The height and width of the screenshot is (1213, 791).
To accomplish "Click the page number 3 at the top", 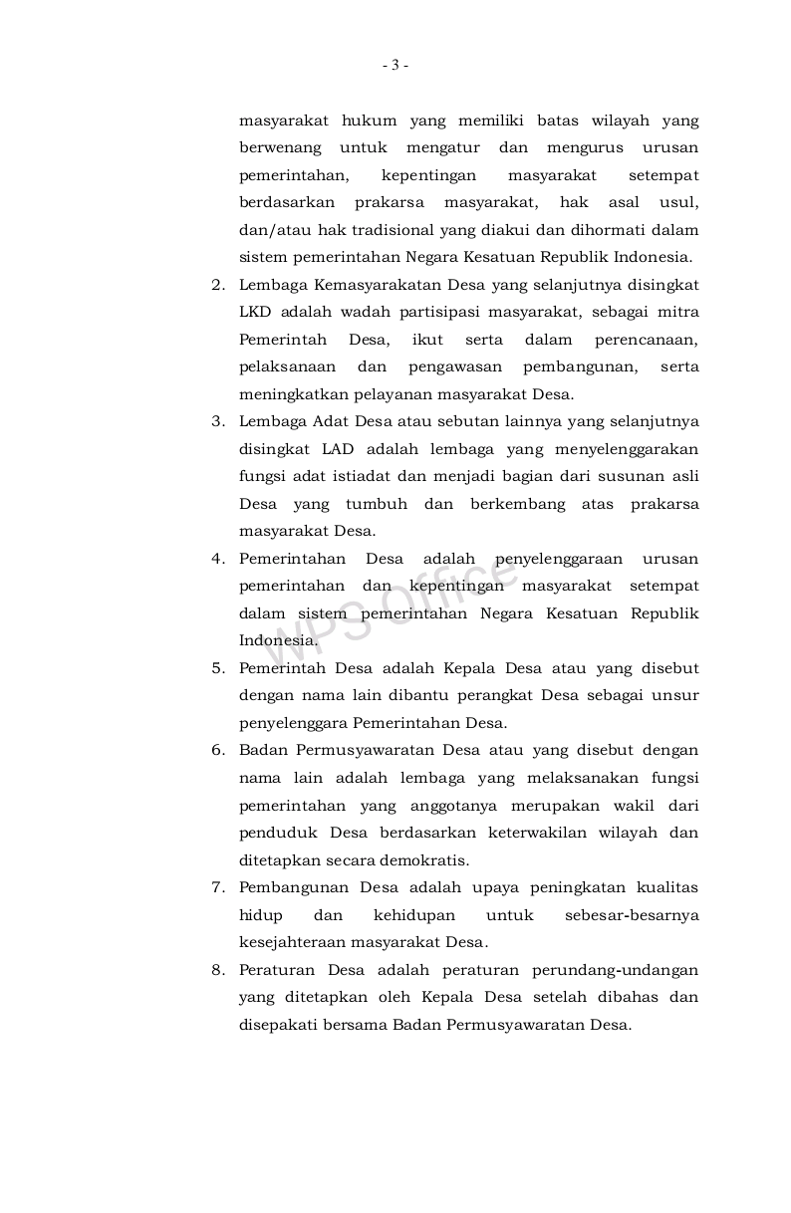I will point(395,66).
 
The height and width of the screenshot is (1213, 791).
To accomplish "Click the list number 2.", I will point(216,285).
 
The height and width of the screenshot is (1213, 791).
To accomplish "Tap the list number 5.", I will point(216,668).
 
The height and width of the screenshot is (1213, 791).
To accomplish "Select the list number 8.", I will point(216,970).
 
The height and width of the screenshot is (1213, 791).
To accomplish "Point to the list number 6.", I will point(216,751).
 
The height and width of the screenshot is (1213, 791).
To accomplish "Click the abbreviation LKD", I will point(255,312).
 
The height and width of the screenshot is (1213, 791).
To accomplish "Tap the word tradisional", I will point(344,230).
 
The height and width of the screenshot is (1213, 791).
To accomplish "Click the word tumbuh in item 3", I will point(370,504).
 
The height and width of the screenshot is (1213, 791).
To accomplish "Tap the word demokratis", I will point(425,860).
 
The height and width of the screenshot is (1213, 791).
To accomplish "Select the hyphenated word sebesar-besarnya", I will point(632,915).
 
